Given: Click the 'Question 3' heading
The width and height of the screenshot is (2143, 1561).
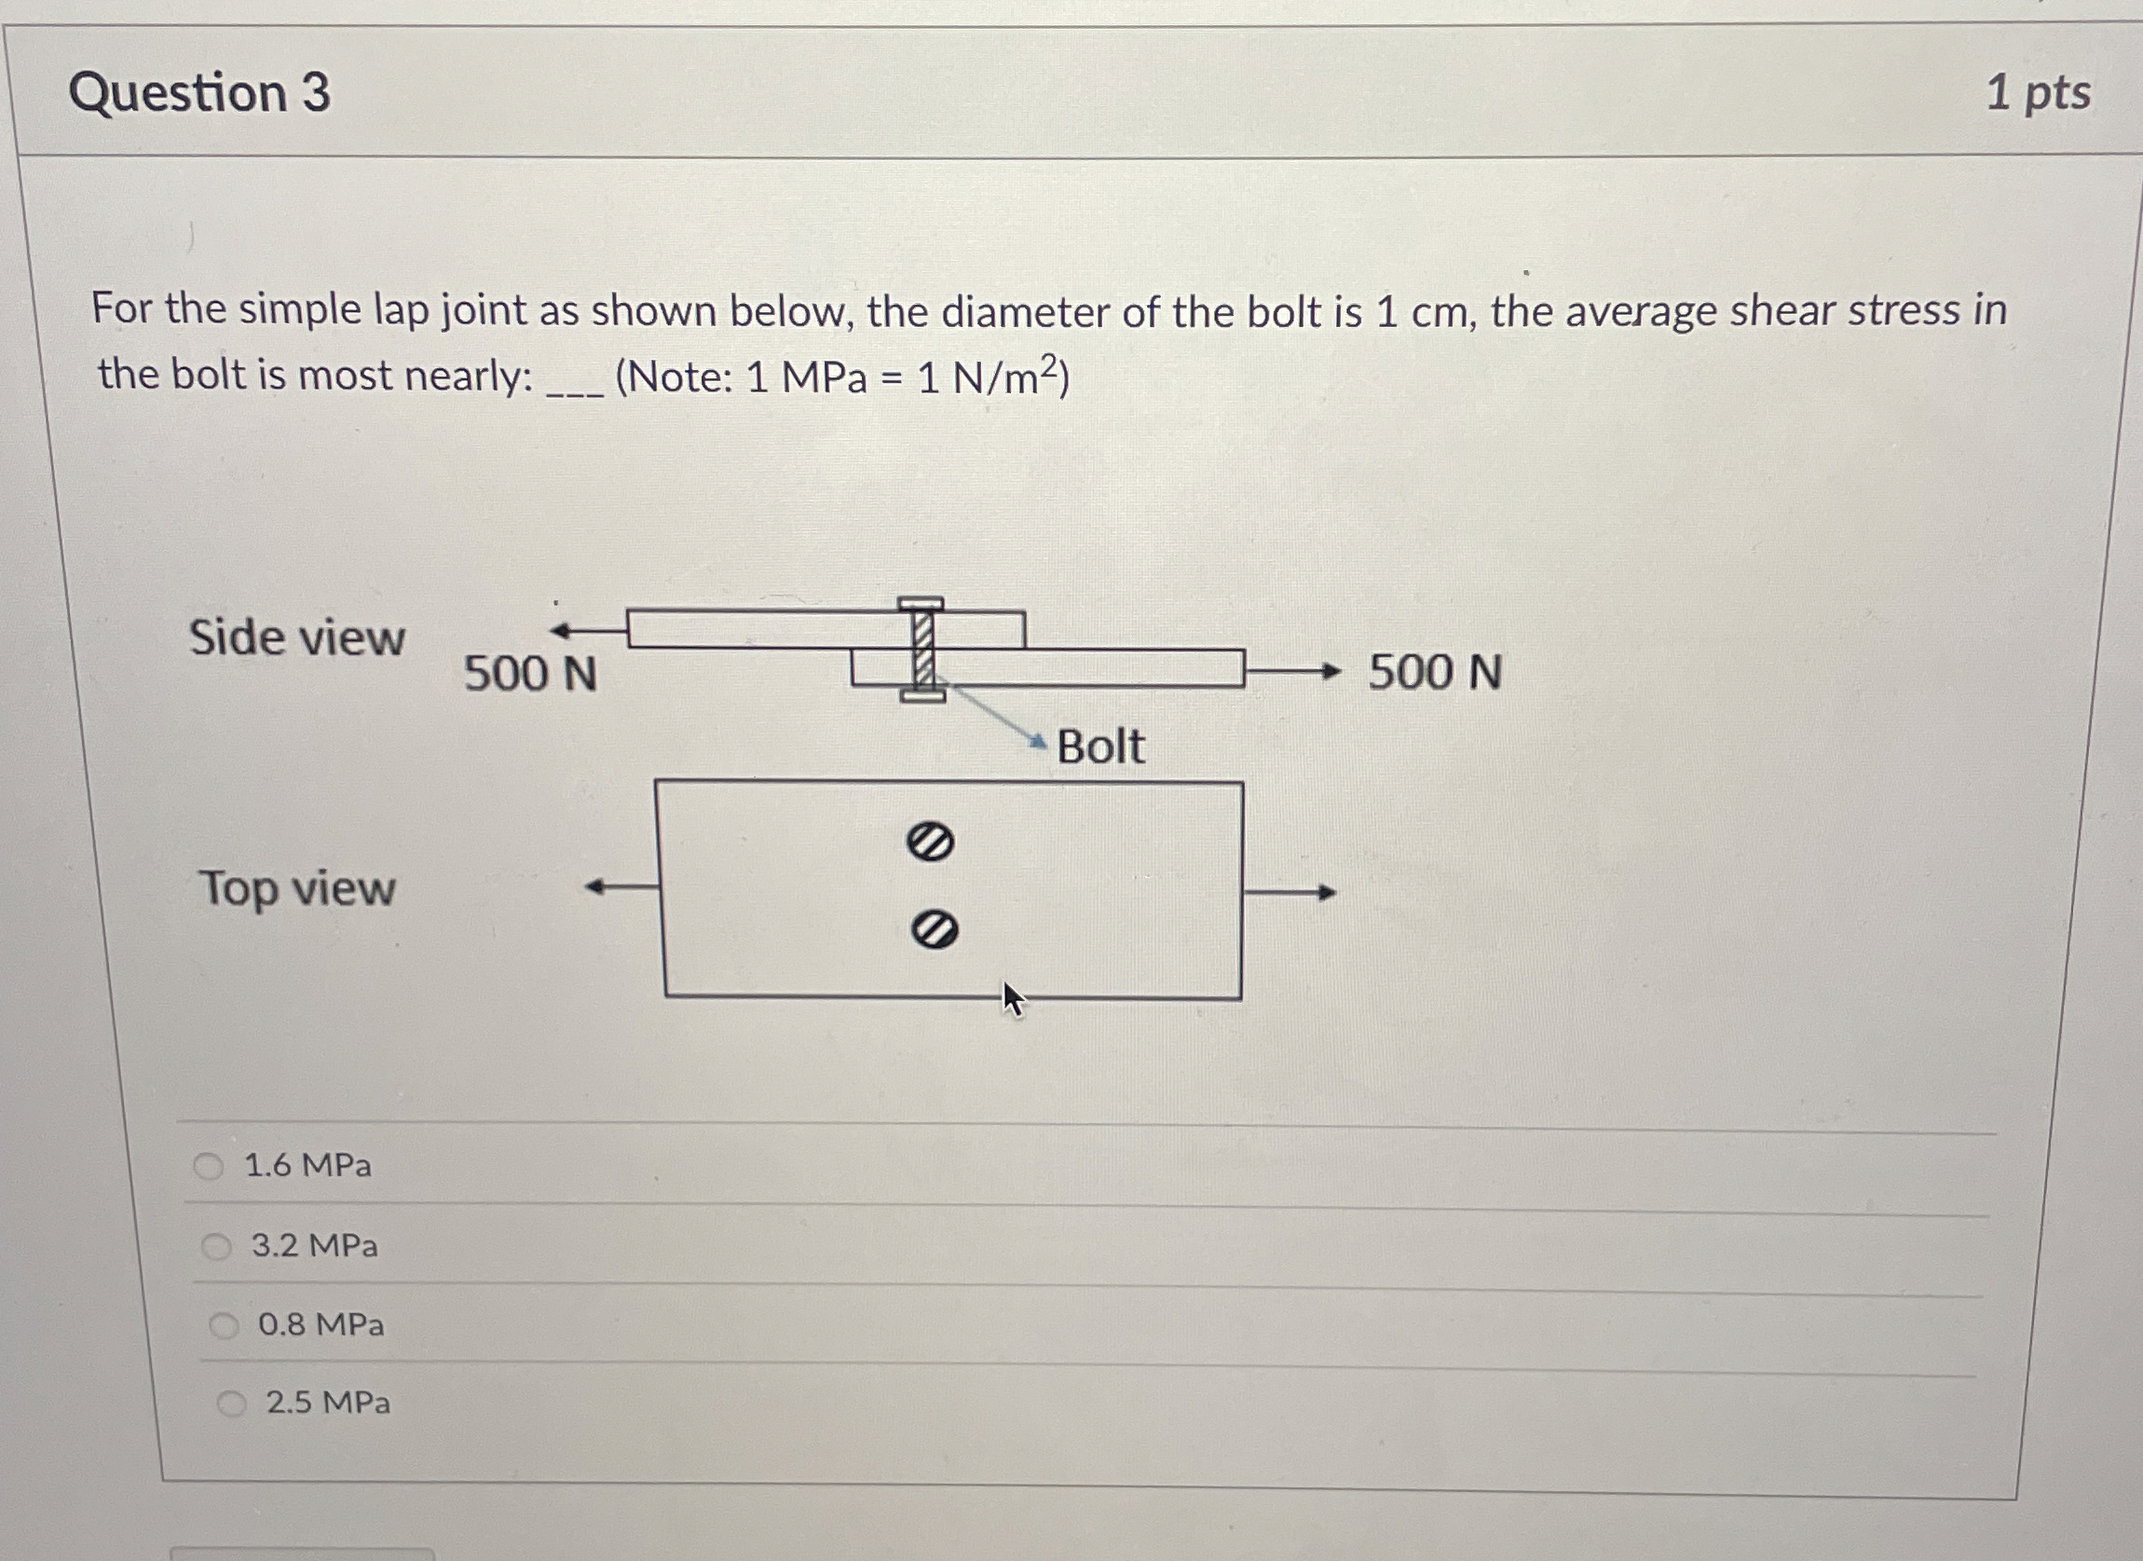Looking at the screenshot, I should (x=199, y=92).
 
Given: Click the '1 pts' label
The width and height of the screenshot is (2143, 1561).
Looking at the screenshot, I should (x=2037, y=92).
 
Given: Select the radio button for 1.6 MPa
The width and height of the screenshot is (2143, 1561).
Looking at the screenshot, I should (x=208, y=1166).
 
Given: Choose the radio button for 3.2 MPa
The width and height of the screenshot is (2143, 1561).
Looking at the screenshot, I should (x=216, y=1246).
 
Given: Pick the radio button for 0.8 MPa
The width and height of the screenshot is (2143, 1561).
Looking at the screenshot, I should (x=224, y=1326).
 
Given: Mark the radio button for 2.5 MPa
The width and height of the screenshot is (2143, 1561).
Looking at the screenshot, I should (x=231, y=1404).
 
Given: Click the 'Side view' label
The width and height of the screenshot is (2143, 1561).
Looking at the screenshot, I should (x=296, y=637).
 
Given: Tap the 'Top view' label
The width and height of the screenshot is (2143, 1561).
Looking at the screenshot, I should (x=296, y=888).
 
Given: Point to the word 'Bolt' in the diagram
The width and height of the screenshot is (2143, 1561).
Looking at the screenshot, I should (x=1099, y=746).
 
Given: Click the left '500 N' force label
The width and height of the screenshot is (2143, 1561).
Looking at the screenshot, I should (x=530, y=675).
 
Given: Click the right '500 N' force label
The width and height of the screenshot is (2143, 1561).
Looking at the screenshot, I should (x=1434, y=673).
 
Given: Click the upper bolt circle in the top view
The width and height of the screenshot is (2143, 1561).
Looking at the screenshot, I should (x=930, y=841).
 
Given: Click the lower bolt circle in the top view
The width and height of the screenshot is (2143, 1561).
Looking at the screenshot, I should (x=935, y=931).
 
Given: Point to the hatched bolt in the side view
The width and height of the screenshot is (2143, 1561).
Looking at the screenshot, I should (x=921, y=650).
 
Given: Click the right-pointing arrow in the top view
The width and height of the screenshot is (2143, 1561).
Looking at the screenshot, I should (x=1290, y=891).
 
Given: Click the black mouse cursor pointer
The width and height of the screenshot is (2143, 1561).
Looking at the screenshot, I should (x=1012, y=998).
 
